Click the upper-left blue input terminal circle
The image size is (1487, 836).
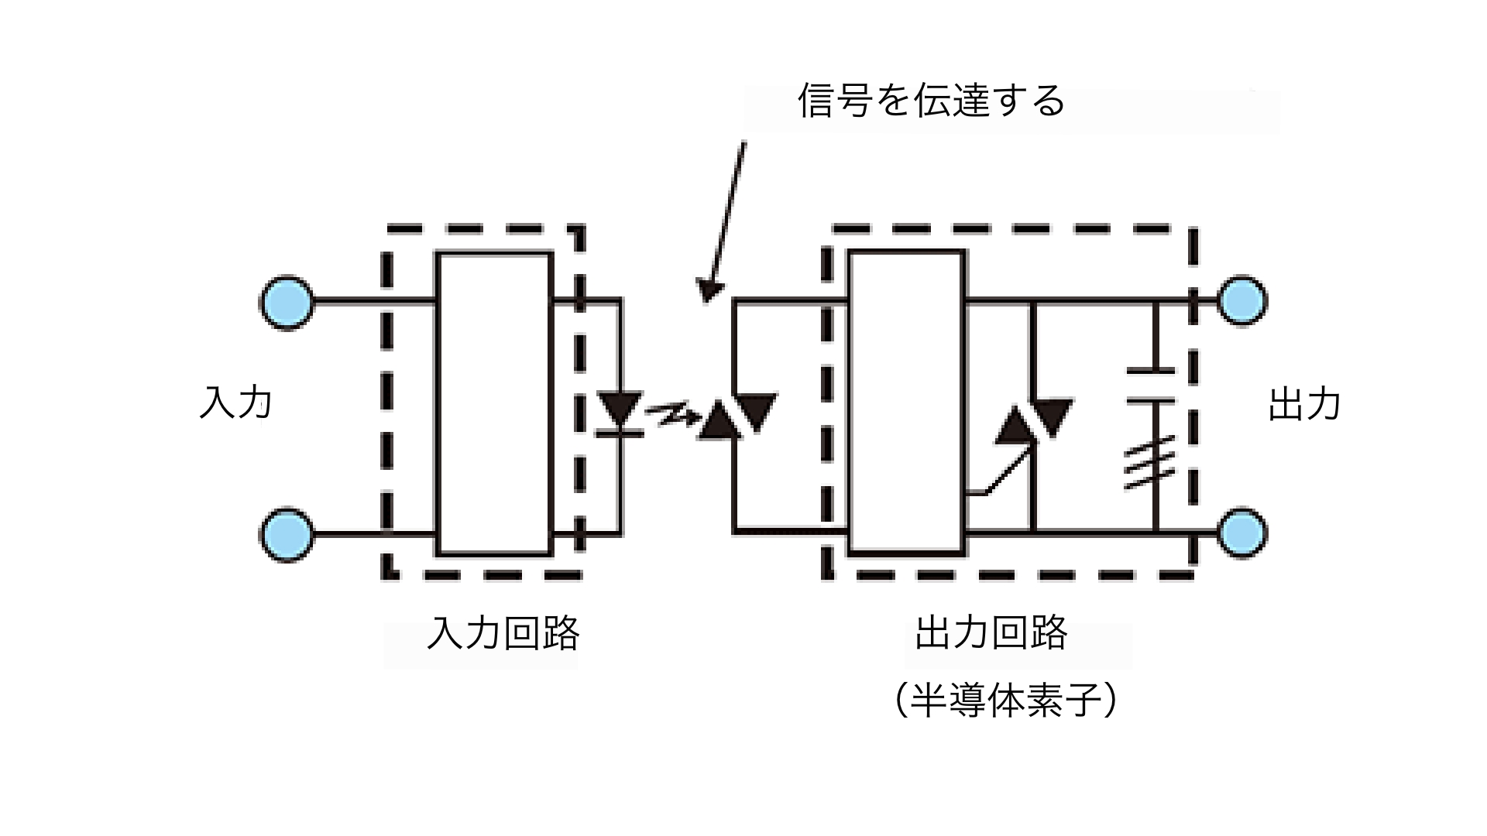coord(287,302)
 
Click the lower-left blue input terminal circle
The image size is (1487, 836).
coord(287,534)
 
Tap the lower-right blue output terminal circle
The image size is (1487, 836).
coord(1241,533)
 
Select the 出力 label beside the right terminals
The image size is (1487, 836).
coord(1304,404)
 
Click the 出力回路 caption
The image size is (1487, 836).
coord(991,633)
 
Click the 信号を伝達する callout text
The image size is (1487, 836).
coord(932,101)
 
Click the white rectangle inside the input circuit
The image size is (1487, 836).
coord(494,403)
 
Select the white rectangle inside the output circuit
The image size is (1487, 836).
coord(906,403)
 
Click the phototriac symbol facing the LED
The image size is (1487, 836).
coord(736,416)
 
